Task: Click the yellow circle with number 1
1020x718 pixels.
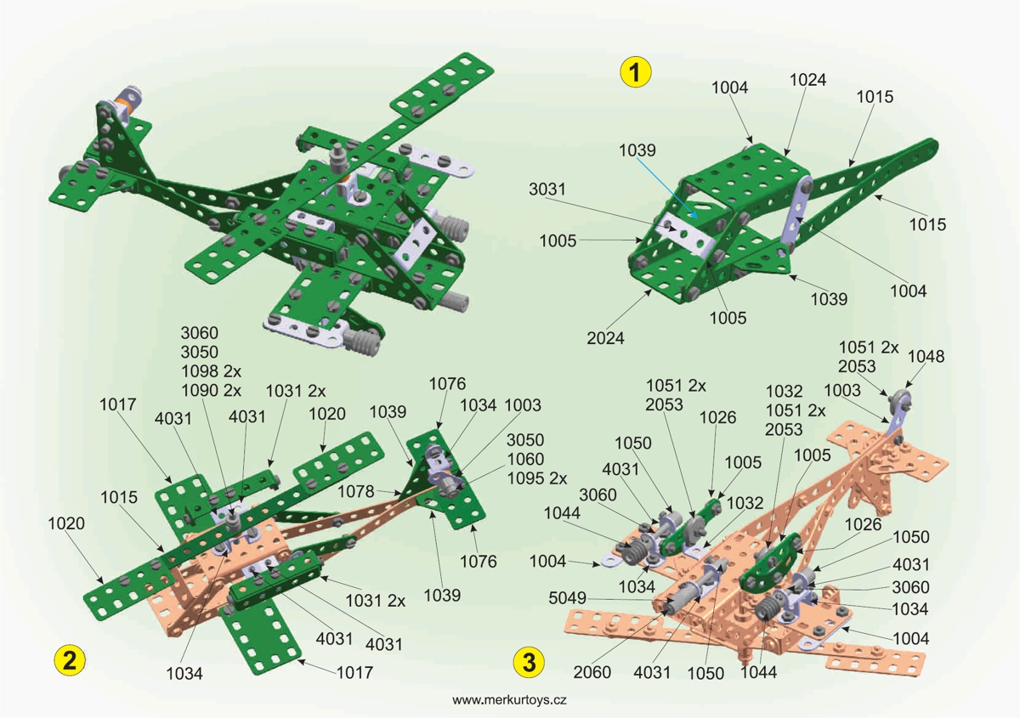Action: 635,71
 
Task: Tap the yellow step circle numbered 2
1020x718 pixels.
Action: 69,660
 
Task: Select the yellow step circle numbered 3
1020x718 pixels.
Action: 530,661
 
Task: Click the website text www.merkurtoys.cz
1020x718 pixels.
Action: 510,700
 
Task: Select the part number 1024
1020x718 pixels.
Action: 807,79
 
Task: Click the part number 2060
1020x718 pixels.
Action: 592,673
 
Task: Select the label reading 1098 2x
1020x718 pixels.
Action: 212,371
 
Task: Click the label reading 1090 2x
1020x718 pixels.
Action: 212,391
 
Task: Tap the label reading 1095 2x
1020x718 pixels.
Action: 536,478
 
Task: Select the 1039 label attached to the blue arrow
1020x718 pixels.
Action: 637,150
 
